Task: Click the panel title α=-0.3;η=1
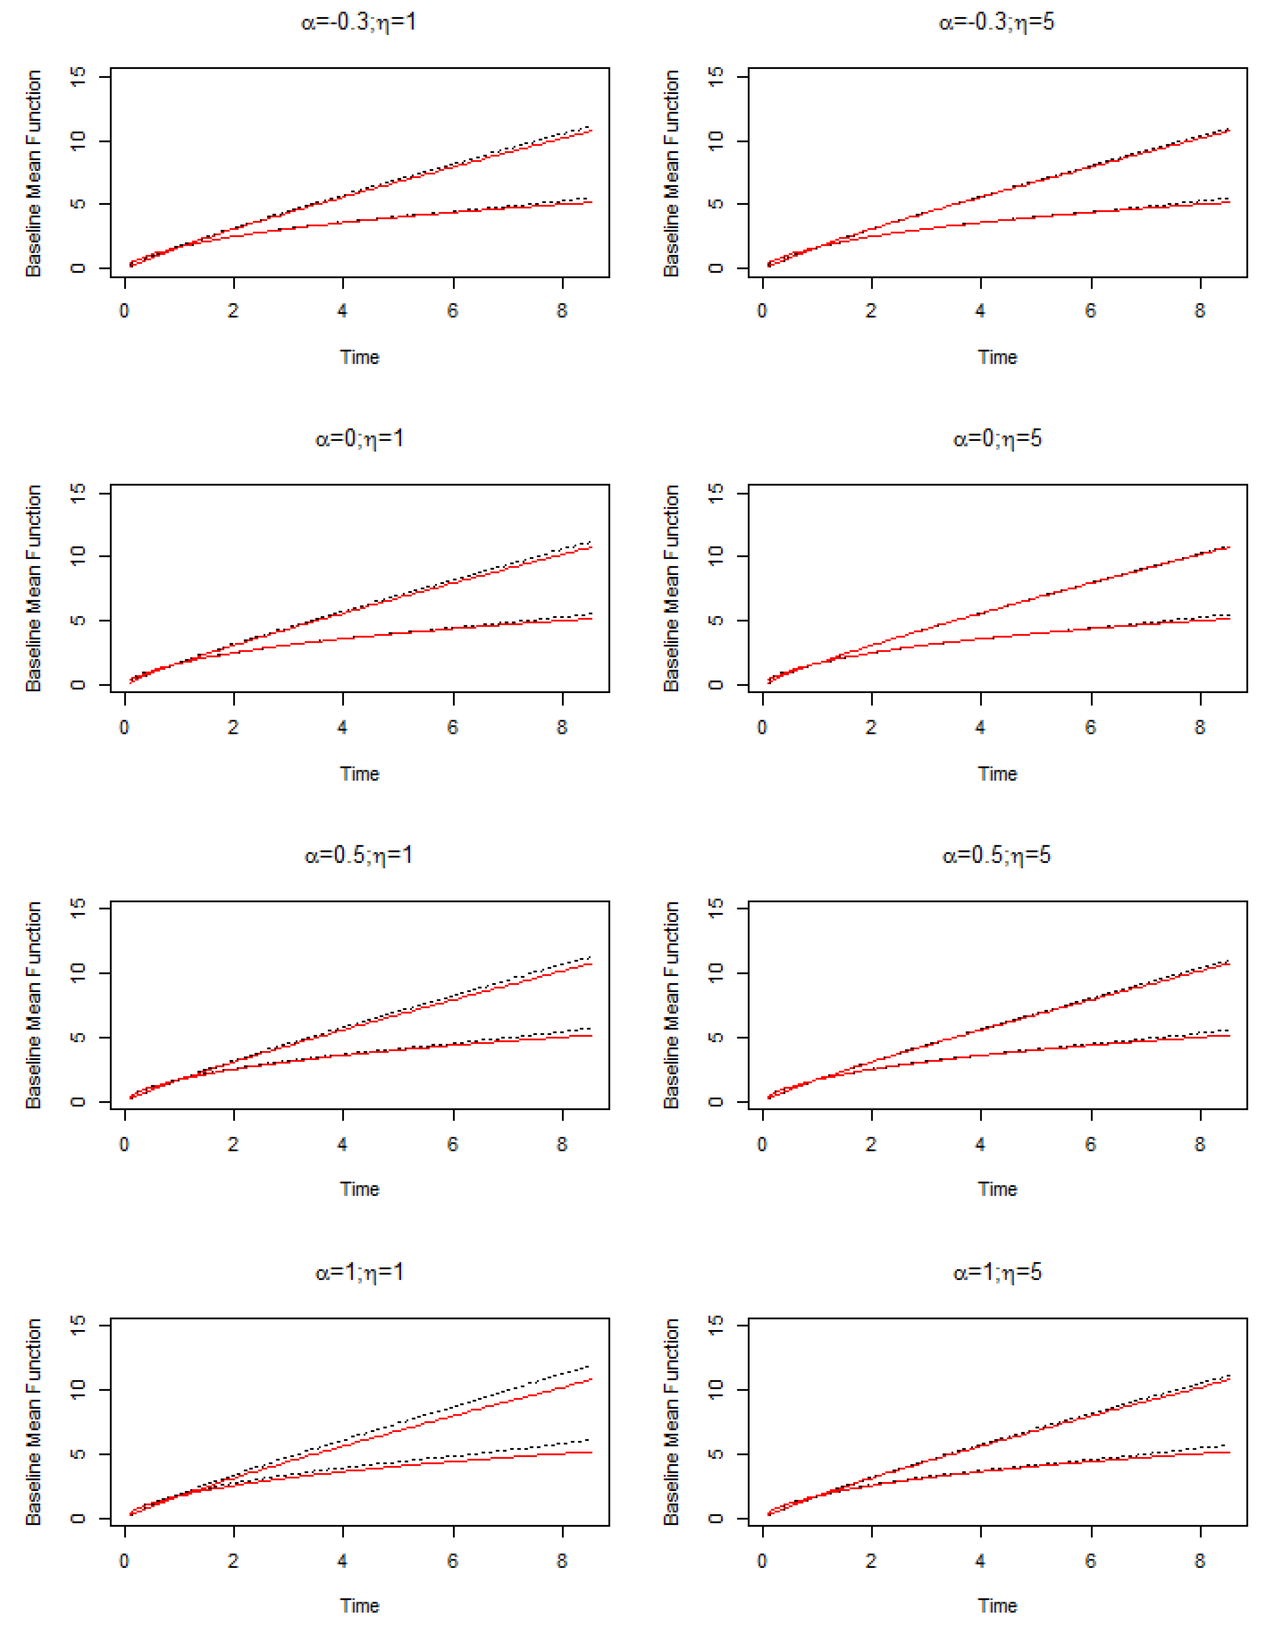359,22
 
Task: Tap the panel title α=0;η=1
359,439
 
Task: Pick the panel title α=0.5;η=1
359,855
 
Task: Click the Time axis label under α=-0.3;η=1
359,358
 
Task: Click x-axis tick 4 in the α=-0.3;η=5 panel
980,311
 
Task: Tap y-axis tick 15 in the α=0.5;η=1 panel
78,907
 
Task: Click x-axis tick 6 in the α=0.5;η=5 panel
1091,1144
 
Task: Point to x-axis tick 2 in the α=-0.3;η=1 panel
233,311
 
